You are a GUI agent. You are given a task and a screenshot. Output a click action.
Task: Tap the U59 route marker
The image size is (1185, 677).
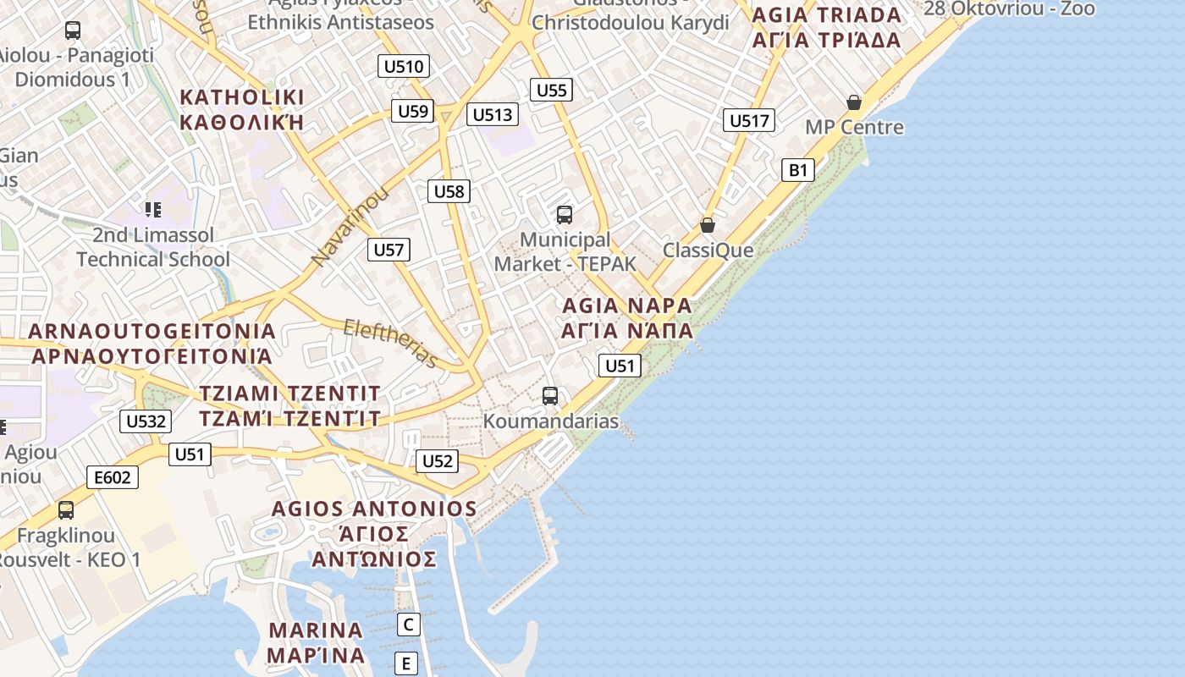[413, 111]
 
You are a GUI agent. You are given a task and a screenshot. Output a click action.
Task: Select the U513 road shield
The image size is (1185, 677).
[493, 114]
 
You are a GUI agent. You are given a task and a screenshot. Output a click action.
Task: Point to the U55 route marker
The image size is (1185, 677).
[552, 90]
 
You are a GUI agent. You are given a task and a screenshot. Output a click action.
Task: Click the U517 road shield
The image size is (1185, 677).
[749, 120]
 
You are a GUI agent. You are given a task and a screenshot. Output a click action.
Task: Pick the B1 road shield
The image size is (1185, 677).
[798, 170]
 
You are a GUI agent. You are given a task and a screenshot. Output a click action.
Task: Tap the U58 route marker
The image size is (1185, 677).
[449, 191]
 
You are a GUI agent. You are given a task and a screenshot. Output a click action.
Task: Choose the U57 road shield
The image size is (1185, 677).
[389, 249]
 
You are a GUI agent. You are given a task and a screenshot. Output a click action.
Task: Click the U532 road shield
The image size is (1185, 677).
[146, 421]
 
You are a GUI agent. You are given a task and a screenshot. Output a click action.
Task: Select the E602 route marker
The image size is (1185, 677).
[113, 477]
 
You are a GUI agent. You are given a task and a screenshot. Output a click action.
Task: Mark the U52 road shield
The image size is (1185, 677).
[437, 460]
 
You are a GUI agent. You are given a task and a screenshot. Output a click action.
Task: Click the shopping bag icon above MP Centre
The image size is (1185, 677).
[854, 102]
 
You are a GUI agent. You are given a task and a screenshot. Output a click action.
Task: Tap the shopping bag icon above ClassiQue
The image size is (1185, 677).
[708, 225]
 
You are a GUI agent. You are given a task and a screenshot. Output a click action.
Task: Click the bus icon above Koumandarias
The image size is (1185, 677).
[550, 395]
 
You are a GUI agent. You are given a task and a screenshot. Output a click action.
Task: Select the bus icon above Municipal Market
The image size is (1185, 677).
[565, 214]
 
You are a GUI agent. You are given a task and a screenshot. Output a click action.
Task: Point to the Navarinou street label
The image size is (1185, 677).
[349, 226]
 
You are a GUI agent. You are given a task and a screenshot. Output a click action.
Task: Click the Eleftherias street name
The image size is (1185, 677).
[391, 343]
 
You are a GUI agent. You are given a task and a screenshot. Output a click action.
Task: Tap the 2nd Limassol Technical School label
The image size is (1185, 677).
[153, 247]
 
